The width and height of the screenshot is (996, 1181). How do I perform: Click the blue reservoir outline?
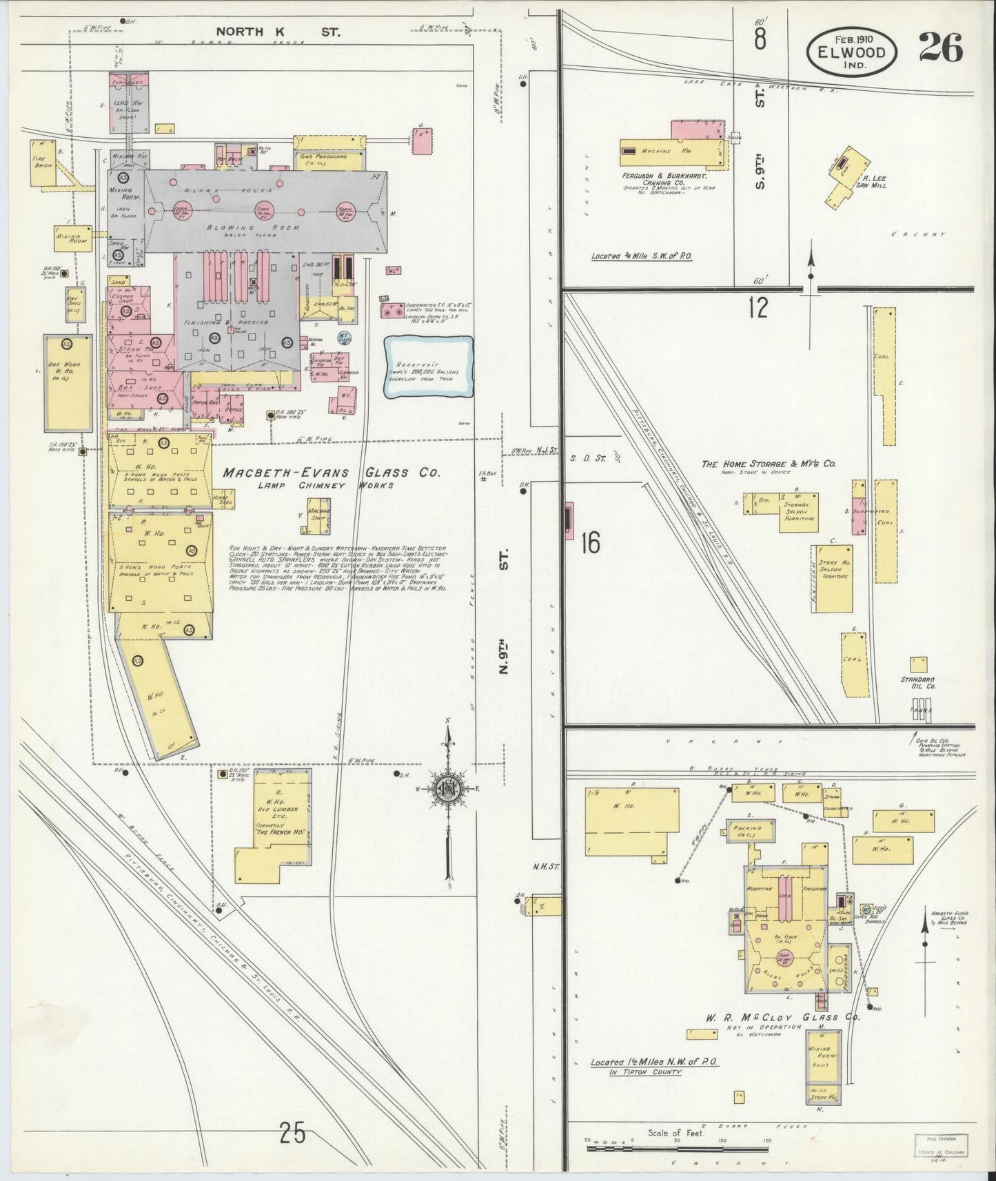point(429,368)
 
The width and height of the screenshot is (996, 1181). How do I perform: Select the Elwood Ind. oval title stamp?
point(853,51)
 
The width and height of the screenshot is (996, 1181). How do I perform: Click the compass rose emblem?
point(449,790)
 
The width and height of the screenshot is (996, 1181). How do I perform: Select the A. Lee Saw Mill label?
point(870,181)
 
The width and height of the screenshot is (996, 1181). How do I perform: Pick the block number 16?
point(590,543)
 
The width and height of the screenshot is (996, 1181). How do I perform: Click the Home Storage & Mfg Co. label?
point(769,464)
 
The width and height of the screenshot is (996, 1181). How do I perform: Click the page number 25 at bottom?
point(293,1132)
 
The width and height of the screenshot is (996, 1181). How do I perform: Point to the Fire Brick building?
point(43,163)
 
